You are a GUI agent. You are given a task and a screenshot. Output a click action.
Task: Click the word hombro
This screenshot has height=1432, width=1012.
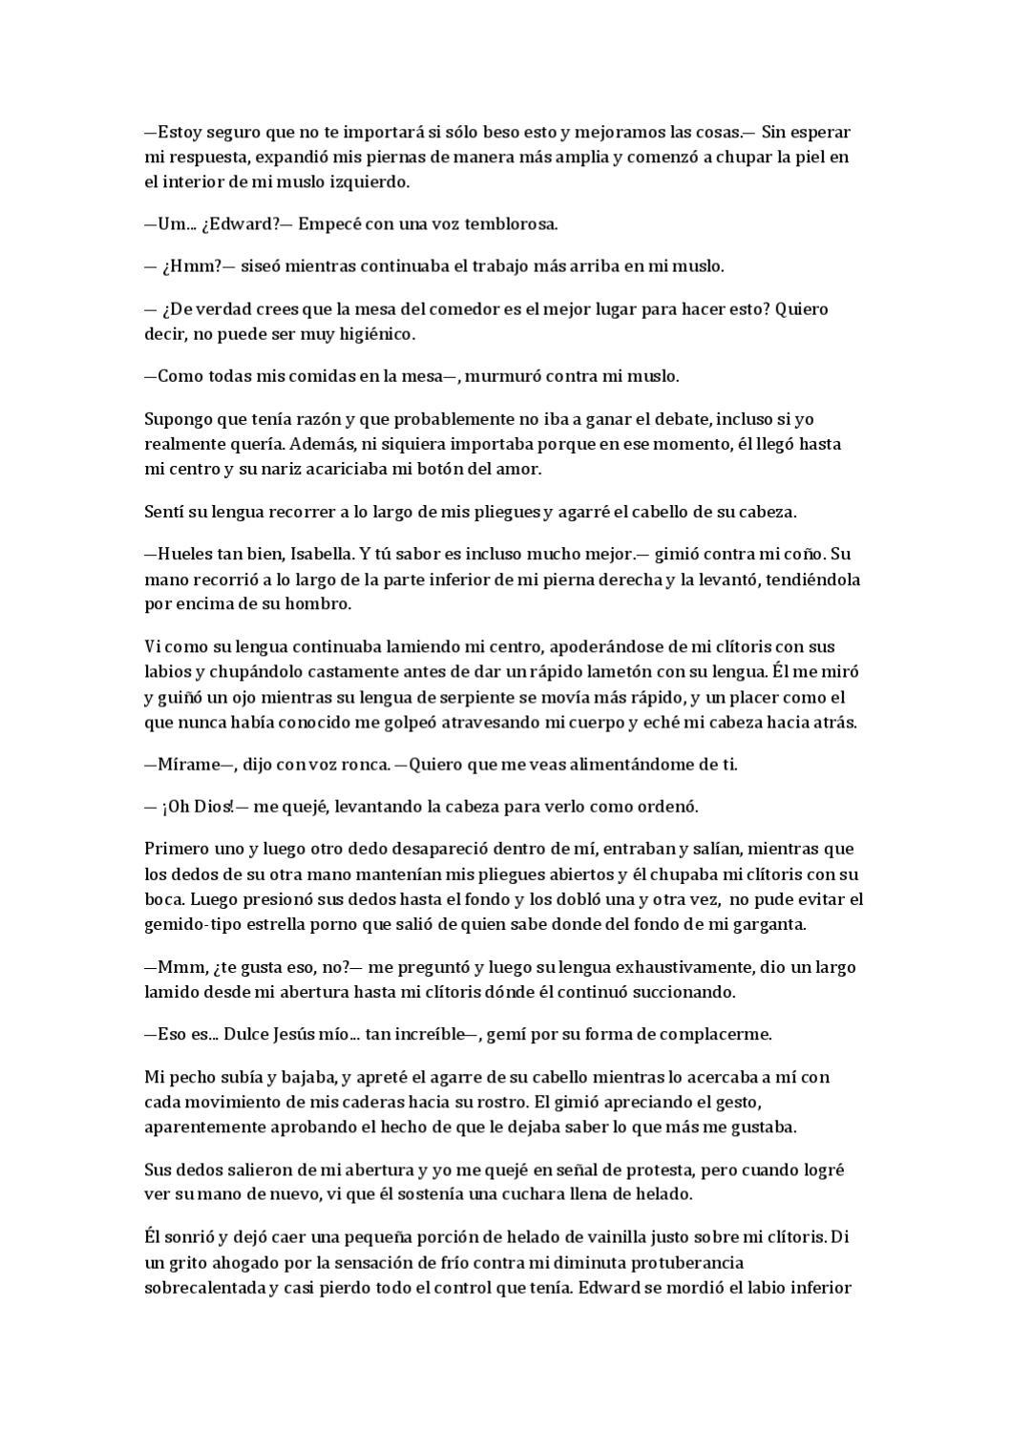pos(321,604)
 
